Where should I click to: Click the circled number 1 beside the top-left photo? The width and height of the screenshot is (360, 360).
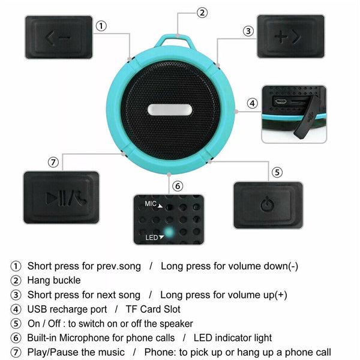(x=102, y=25)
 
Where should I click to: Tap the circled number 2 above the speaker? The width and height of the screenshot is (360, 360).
(x=203, y=12)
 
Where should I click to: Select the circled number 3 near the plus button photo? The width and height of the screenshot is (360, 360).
(x=247, y=31)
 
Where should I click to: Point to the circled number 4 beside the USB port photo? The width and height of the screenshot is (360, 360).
(x=253, y=103)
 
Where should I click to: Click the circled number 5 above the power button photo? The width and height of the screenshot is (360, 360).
(x=277, y=172)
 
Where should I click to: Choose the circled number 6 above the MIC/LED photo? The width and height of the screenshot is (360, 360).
(x=177, y=186)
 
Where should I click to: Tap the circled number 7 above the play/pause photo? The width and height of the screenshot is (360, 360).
(x=53, y=162)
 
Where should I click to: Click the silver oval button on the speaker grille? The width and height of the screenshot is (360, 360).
(x=169, y=110)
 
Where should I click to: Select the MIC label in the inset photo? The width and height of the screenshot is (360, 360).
(x=151, y=204)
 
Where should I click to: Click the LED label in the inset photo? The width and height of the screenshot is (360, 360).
(x=152, y=238)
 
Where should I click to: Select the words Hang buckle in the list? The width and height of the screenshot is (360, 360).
(x=54, y=280)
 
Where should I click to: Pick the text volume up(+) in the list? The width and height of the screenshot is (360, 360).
(x=256, y=295)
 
